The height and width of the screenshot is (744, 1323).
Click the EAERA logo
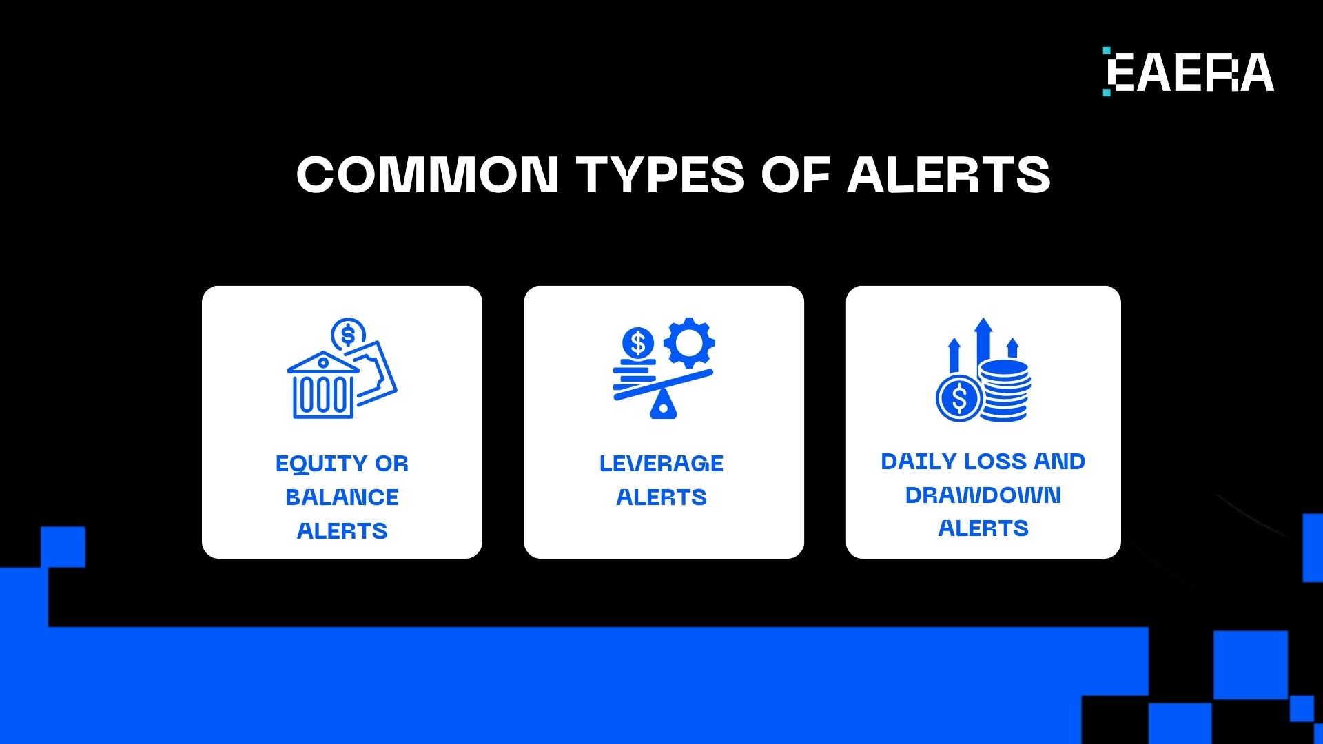pyautogui.click(x=1189, y=72)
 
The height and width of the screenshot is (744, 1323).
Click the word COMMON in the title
pyautogui.click(x=427, y=174)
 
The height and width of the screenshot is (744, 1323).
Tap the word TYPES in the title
pyautogui.click(x=660, y=174)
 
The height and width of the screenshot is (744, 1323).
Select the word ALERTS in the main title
pyautogui.click(x=948, y=174)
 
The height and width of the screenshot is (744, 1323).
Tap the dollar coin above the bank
pyautogui.click(x=348, y=335)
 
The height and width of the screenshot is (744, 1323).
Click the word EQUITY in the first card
pyautogui.click(x=320, y=464)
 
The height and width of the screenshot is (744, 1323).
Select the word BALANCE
pyautogui.click(x=342, y=497)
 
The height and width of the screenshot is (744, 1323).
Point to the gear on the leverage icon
pyautogui.click(x=688, y=342)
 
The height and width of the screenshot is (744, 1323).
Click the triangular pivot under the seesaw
pyautogui.click(x=663, y=405)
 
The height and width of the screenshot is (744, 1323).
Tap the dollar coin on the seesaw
pyautogui.click(x=638, y=342)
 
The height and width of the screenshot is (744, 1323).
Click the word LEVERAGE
pyautogui.click(x=661, y=464)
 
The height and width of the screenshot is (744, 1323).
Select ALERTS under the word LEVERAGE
pyautogui.click(x=661, y=497)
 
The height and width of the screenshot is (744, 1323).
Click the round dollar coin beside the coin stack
pyautogui.click(x=958, y=398)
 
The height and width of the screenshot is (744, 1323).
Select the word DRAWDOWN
pyautogui.click(x=983, y=495)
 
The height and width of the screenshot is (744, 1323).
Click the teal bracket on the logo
pyautogui.click(x=1107, y=72)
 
